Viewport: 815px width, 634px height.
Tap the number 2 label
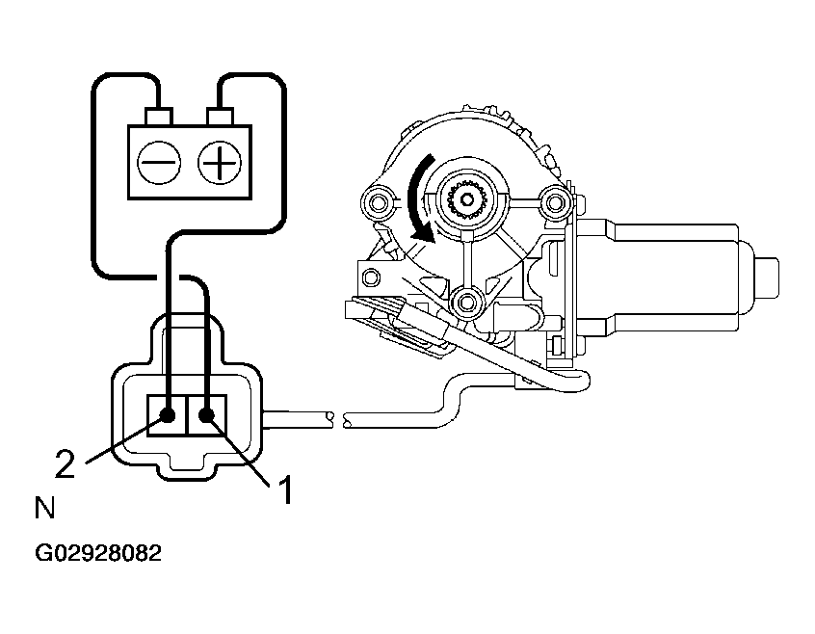[x=65, y=465]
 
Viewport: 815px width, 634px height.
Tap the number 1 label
[x=284, y=491]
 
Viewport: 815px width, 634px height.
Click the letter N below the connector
[x=44, y=508]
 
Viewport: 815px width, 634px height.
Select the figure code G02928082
[x=97, y=554]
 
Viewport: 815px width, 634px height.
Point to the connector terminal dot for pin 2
[x=168, y=416]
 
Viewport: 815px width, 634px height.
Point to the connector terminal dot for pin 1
[x=207, y=416]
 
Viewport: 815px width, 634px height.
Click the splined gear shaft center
[x=467, y=199]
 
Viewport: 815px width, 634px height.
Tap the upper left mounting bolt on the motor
[x=377, y=201]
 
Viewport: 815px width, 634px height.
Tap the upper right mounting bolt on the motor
[x=554, y=201]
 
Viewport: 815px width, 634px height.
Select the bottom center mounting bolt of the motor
[x=467, y=303]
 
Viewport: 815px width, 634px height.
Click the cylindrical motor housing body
[x=665, y=276]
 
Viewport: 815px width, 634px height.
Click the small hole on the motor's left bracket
[x=367, y=277]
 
